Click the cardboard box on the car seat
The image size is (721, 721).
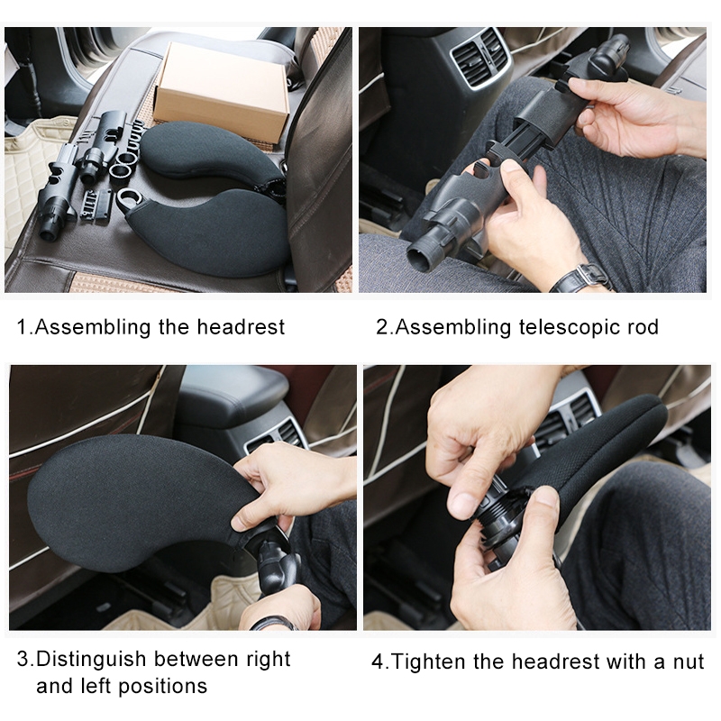(x=221, y=87)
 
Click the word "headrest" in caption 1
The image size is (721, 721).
(x=241, y=327)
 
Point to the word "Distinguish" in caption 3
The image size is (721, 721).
(x=91, y=660)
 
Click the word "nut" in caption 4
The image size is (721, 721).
(x=689, y=662)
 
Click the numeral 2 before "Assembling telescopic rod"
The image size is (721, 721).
(x=382, y=327)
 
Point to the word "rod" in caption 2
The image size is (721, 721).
(x=643, y=327)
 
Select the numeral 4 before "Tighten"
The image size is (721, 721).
(x=378, y=662)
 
